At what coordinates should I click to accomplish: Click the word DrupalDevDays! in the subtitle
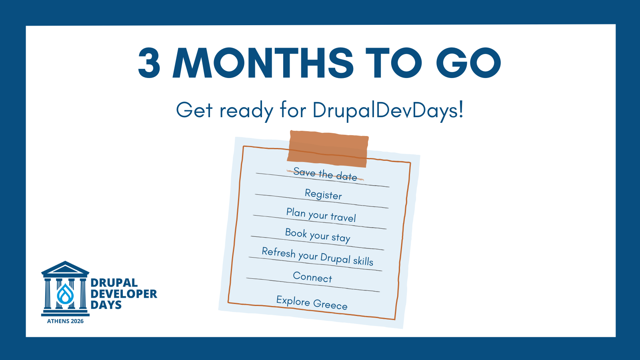pyautogui.click(x=388, y=110)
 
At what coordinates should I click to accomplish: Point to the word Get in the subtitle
pyautogui.click(x=194, y=110)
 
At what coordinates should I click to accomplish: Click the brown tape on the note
pyautogui.click(x=328, y=148)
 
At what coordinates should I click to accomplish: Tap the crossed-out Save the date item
pyautogui.click(x=325, y=174)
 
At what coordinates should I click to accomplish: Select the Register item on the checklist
pyautogui.click(x=323, y=194)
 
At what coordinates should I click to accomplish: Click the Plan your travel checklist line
pyautogui.click(x=321, y=215)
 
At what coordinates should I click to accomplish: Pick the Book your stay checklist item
pyautogui.click(x=318, y=236)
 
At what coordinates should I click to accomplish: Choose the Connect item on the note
pyautogui.click(x=312, y=277)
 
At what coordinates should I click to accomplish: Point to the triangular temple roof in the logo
pyautogui.click(x=65, y=268)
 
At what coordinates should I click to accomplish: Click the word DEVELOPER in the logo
pyautogui.click(x=124, y=294)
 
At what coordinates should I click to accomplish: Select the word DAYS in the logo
pyautogui.click(x=106, y=305)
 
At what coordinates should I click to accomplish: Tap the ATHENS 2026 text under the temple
pyautogui.click(x=65, y=321)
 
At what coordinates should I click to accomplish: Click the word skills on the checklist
pyautogui.click(x=363, y=260)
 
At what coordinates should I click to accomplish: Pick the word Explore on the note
pyautogui.click(x=293, y=301)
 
